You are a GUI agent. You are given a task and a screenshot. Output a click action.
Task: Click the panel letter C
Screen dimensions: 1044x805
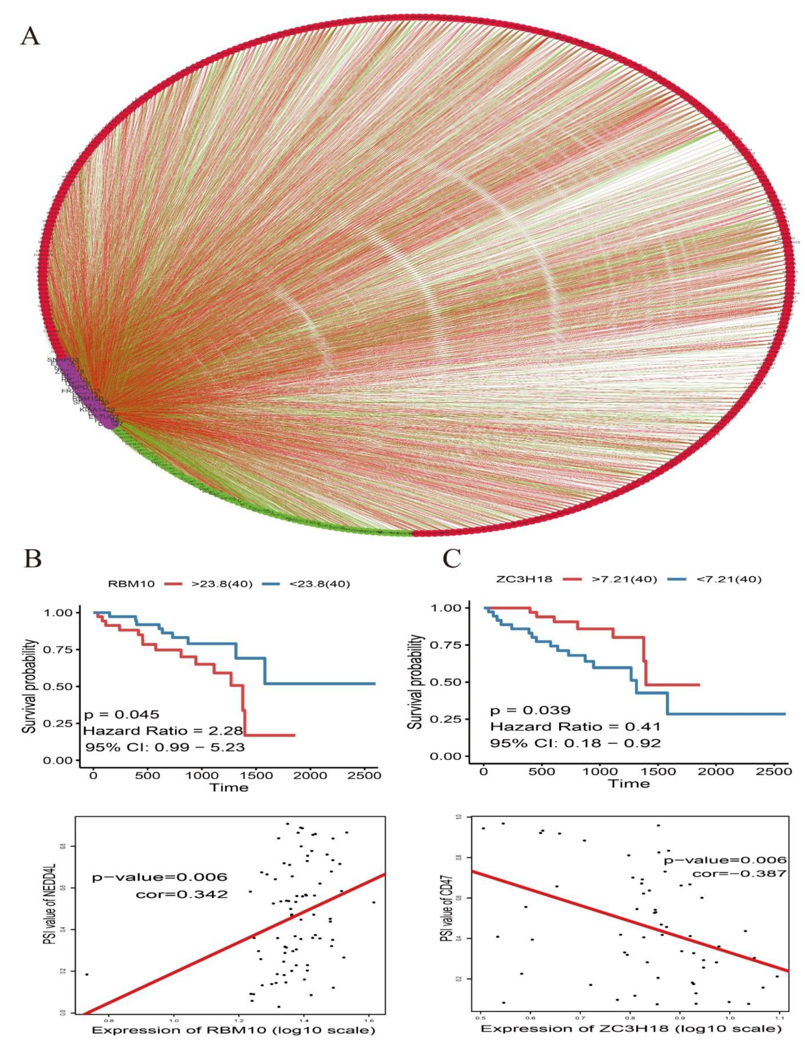point(451,558)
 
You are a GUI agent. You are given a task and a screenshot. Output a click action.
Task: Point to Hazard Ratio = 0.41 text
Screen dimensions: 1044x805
point(575,727)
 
